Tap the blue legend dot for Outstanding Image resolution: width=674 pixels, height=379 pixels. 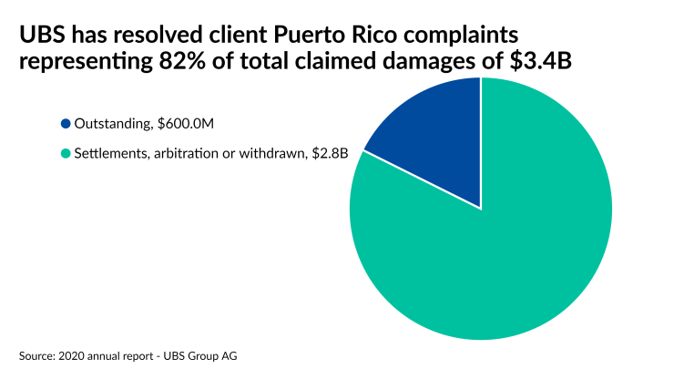point(66,124)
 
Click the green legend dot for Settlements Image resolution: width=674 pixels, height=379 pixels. point(66,154)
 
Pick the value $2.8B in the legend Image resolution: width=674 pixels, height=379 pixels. point(332,154)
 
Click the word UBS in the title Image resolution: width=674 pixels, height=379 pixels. point(40,36)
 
